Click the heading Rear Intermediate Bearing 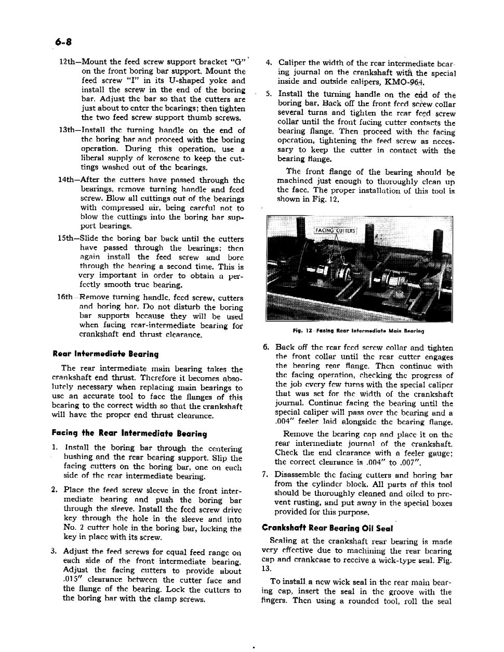(105, 354)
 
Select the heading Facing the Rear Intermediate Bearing (129, 433)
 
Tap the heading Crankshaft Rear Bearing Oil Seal (327, 528)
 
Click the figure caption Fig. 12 (357, 330)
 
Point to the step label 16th (65, 298)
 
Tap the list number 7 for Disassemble (266, 475)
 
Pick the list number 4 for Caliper (268, 63)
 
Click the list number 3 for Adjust (54, 552)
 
